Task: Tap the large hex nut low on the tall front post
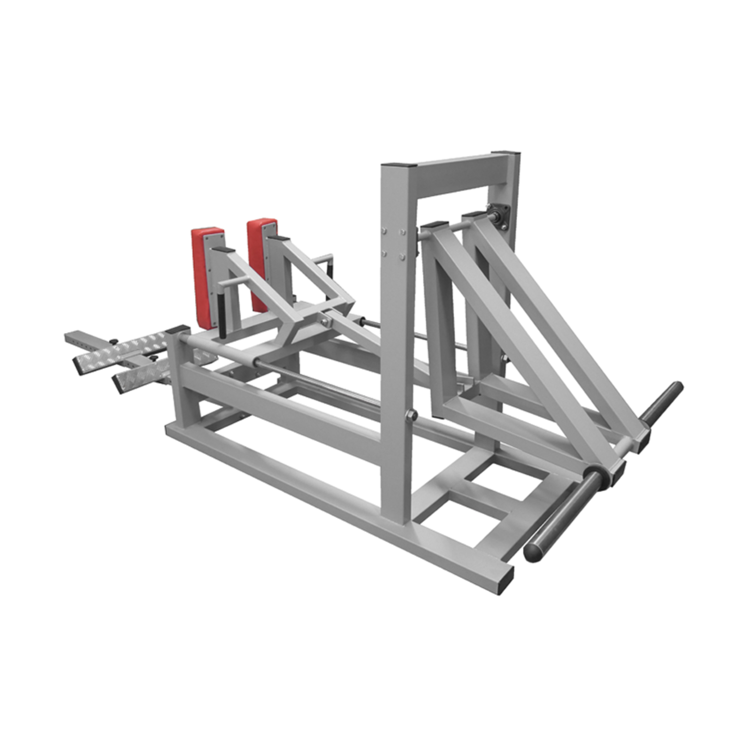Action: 412,415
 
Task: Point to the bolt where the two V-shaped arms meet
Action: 324,321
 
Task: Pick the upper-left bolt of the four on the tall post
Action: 384,231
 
